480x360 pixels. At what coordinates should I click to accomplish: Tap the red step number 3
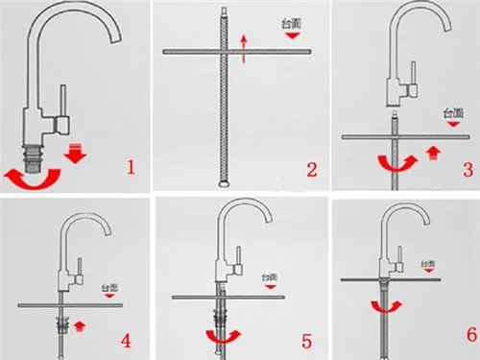tap(468, 169)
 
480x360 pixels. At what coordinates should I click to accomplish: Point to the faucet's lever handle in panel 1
tap(64, 104)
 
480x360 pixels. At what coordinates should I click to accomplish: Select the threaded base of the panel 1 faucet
tap(37, 154)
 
